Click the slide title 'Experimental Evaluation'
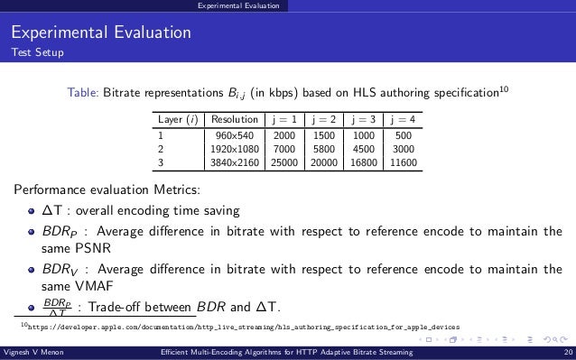(100, 34)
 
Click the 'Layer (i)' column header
(177, 118)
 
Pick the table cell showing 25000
(283, 162)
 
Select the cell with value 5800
(321, 148)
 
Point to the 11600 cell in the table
(398, 162)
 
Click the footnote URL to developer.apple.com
(244, 326)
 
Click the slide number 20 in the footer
(565, 353)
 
